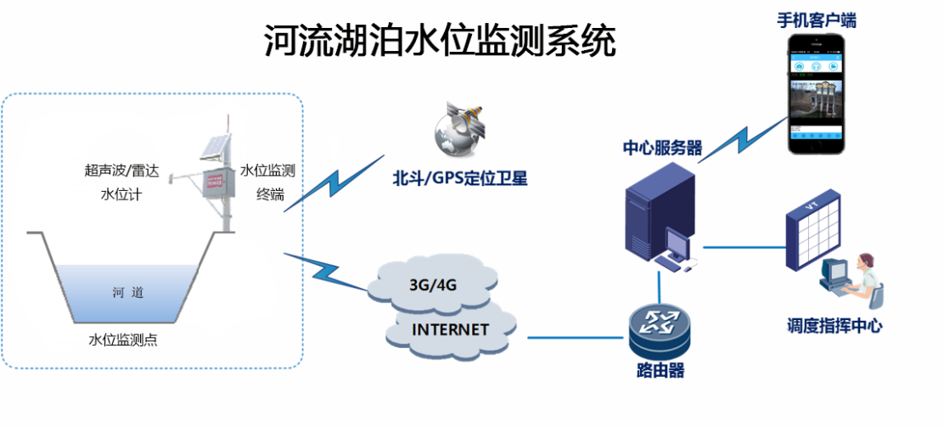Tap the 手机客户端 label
click(816, 20)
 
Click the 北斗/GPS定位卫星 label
click(459, 179)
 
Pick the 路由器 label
click(660, 371)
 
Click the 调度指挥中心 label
click(834, 326)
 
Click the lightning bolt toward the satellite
click(334, 183)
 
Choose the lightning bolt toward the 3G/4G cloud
click(327, 272)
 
